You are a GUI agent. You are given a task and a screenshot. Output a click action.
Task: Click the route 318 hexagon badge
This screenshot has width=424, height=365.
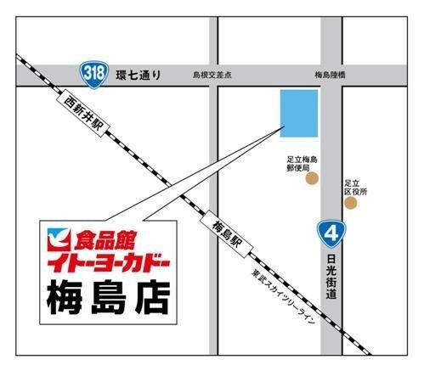tap(94, 74)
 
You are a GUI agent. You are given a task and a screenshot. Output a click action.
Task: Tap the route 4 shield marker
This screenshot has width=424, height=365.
tap(331, 230)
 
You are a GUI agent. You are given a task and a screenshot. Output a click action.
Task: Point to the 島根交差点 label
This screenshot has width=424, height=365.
tap(213, 75)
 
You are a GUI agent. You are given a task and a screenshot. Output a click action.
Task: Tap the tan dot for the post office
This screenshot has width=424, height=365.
tap(312, 179)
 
